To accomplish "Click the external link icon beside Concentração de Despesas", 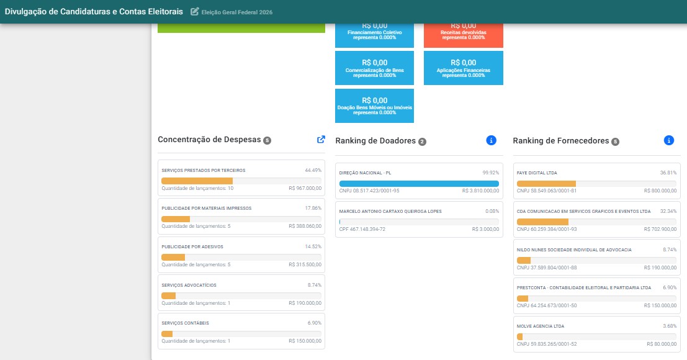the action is click(x=321, y=139).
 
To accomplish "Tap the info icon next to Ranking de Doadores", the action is click(x=491, y=140).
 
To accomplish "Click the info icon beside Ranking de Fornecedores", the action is click(x=668, y=140).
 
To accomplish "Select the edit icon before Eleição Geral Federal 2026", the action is click(x=194, y=11).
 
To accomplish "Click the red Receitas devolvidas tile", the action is click(x=463, y=35).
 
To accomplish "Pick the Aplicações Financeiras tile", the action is click(x=463, y=68).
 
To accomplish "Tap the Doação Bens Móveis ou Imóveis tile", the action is click(x=375, y=106).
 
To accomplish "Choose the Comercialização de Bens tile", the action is click(x=375, y=68).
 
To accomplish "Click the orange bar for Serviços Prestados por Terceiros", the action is click(x=197, y=181).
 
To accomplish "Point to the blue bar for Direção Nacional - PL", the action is click(x=419, y=184).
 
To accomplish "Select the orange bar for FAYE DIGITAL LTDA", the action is click(x=546, y=184).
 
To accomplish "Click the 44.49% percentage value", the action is click(x=313, y=170).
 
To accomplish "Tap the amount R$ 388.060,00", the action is click(x=305, y=227).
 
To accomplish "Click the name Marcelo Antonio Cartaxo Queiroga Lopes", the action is click(x=390, y=212).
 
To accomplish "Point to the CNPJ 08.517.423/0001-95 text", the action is click(x=369, y=191).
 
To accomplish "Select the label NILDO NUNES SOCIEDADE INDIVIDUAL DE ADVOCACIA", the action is click(x=574, y=250).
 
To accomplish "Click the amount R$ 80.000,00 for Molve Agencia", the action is click(x=662, y=344).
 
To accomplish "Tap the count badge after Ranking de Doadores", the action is click(x=422, y=142).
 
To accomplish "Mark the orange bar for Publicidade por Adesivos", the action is click(x=173, y=258).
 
